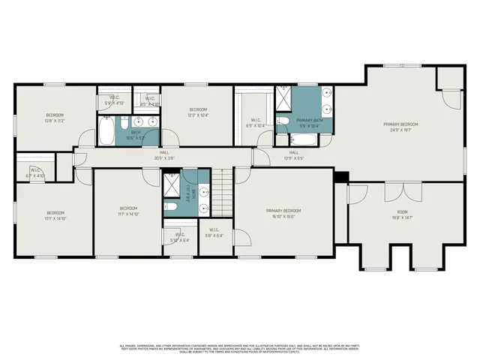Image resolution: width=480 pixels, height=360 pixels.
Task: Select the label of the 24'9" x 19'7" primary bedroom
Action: (400, 127)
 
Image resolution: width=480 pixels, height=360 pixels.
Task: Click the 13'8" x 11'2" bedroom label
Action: (55, 118)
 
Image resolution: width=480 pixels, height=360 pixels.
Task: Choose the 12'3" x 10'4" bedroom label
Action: (197, 112)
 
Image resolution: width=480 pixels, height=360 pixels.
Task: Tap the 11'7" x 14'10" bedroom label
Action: (128, 211)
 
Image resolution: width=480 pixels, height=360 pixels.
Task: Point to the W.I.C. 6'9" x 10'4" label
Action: (256, 123)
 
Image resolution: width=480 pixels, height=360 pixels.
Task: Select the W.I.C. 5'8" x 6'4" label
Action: (214, 233)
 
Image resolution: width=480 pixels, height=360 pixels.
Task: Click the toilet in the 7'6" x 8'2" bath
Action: (172, 206)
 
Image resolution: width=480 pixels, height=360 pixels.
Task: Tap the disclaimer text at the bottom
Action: (240, 349)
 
